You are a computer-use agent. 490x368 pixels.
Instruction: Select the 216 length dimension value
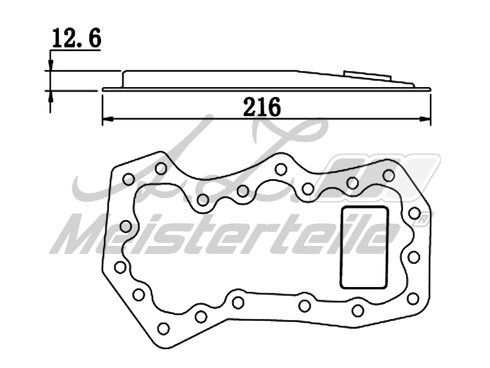[262, 107]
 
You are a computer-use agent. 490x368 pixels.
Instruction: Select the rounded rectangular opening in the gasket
[364, 247]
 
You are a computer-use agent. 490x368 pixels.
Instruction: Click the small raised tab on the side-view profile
[367, 74]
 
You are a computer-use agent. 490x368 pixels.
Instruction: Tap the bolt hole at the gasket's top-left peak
[161, 167]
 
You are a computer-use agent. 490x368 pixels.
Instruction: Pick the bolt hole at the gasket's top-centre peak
[280, 169]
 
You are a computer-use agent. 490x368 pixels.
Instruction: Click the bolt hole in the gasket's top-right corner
[388, 175]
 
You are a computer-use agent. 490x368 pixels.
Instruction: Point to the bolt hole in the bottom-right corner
[413, 297]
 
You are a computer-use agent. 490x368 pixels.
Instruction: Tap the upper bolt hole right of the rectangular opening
[415, 213]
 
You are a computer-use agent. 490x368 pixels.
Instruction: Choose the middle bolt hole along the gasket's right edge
[413, 256]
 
